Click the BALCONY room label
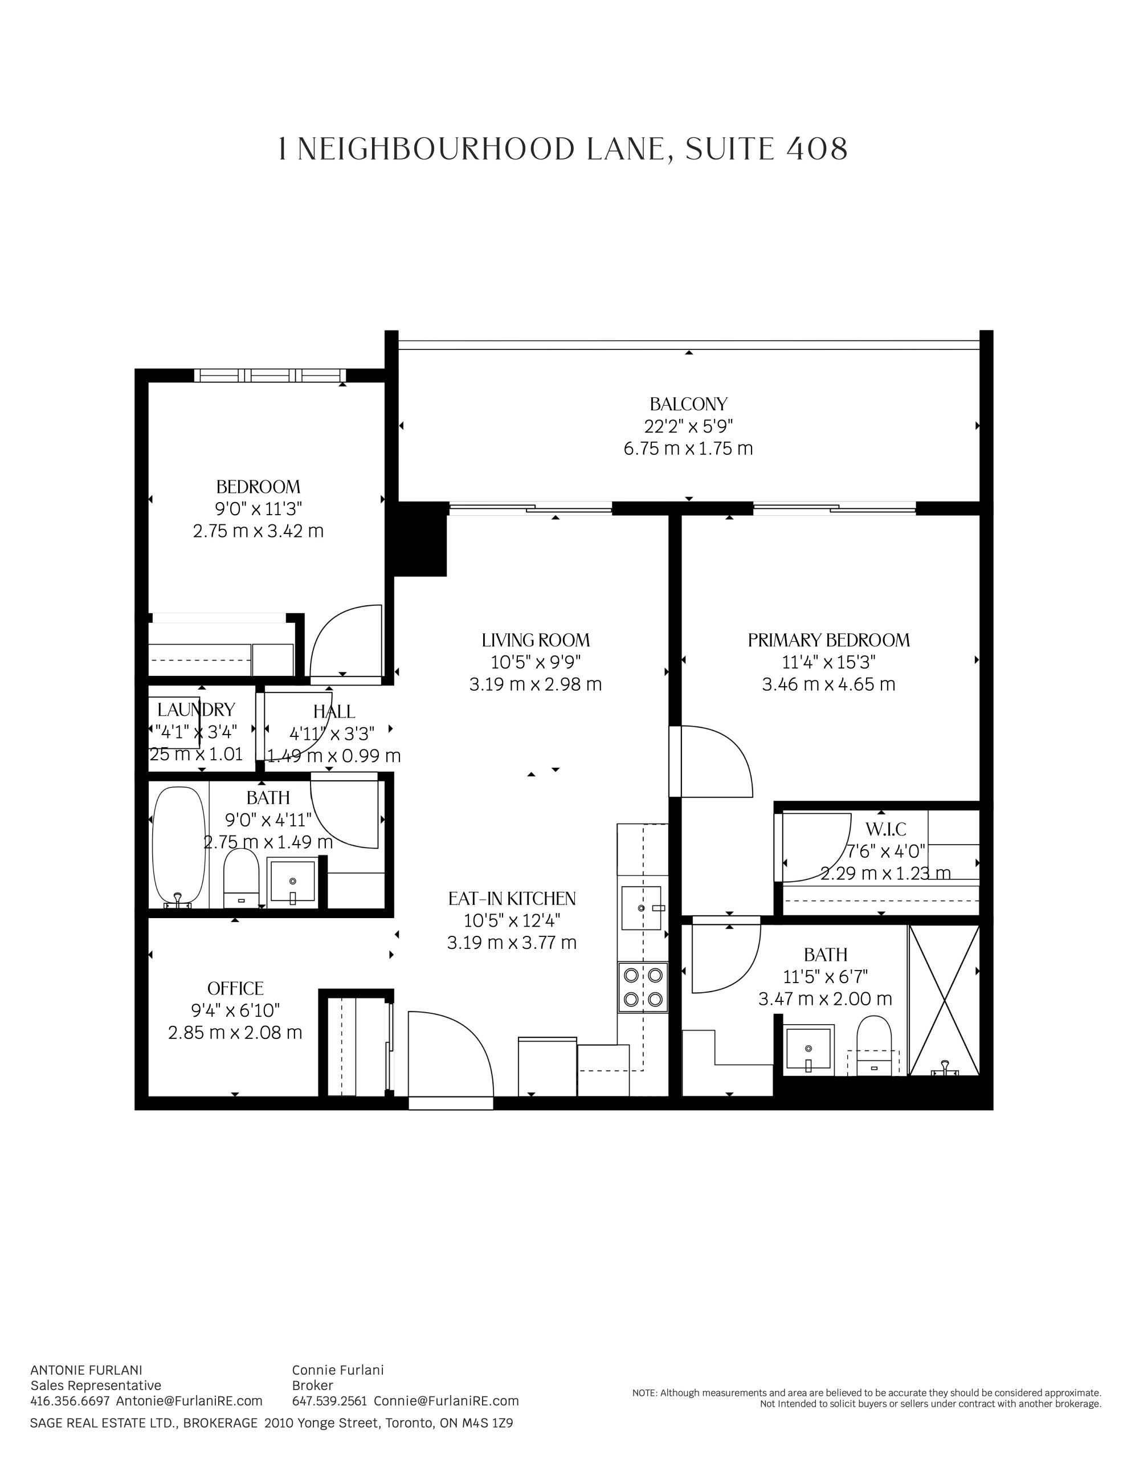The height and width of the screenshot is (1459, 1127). pyautogui.click(x=688, y=404)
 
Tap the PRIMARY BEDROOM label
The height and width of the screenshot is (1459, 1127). pyautogui.click(x=828, y=640)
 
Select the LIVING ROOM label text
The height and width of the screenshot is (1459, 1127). pyautogui.click(x=536, y=640)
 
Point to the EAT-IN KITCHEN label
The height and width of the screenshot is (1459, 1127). pyautogui.click(x=512, y=899)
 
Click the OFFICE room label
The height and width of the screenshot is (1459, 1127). pyautogui.click(x=235, y=988)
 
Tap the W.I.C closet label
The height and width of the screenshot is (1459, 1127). pyautogui.click(x=886, y=830)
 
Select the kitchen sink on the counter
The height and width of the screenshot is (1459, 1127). pyautogui.click(x=642, y=908)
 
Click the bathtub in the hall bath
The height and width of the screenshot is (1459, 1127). pyautogui.click(x=178, y=846)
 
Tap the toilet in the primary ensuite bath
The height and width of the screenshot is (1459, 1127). pyautogui.click(x=874, y=1045)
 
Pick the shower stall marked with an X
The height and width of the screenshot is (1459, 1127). pyautogui.click(x=944, y=1000)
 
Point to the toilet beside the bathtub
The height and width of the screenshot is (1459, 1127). pyautogui.click(x=240, y=877)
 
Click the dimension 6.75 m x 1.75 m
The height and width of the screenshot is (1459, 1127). pyautogui.click(x=688, y=449)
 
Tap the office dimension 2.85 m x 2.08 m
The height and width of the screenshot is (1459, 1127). pyautogui.click(x=235, y=1032)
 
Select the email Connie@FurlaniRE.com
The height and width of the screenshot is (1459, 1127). pyautogui.click(x=446, y=1400)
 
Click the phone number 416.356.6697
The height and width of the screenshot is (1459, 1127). pyautogui.click(x=70, y=1400)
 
